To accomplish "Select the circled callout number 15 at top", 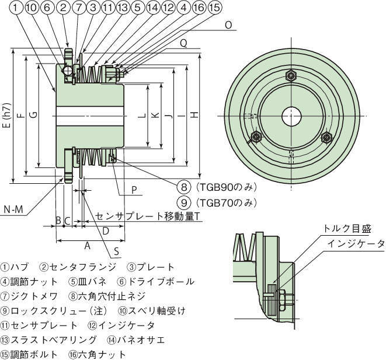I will click(214, 8).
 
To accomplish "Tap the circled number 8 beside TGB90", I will click(184, 187).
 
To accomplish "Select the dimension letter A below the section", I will click(88, 246).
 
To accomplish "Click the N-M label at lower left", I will click(13, 209).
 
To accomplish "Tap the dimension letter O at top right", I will click(228, 25).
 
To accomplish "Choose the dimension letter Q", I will click(183, 43).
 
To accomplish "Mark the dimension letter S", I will click(117, 251).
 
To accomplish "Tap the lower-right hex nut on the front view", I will click(326, 138).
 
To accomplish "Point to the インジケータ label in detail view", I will click(356, 243).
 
